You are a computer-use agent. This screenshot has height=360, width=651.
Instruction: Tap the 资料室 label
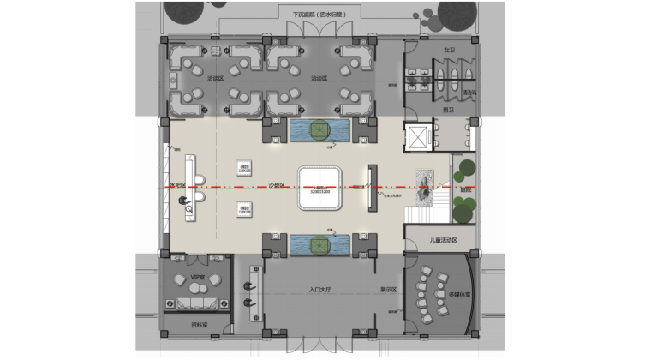[199, 325]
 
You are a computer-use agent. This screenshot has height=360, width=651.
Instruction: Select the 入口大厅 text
[320, 291]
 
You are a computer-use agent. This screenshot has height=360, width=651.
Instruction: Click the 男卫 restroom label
[447, 121]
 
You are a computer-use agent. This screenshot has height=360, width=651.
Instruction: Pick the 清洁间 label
[469, 93]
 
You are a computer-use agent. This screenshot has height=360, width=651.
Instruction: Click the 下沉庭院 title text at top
[319, 14]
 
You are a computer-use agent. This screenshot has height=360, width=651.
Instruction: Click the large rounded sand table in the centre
[320, 187]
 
